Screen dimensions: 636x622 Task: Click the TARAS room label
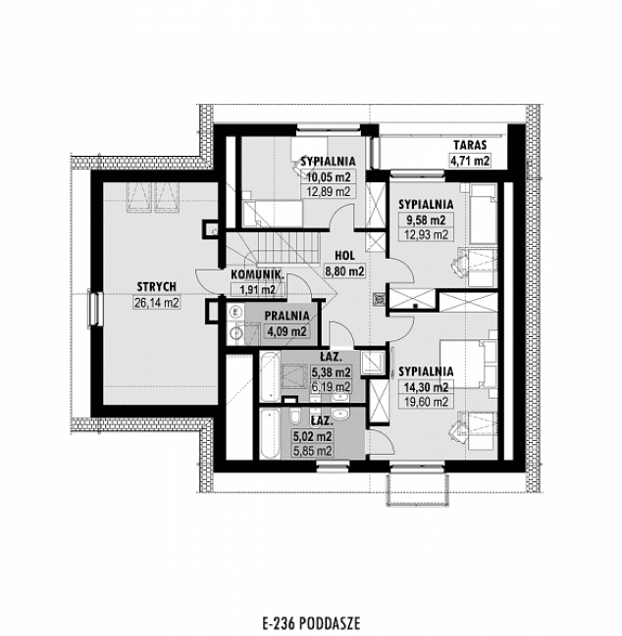point(470,143)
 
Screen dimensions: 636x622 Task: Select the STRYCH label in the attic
point(156,286)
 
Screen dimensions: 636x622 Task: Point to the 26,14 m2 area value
point(156,303)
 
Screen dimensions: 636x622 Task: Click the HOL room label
point(343,252)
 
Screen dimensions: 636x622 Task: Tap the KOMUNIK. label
point(257,274)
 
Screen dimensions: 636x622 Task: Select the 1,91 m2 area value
point(257,290)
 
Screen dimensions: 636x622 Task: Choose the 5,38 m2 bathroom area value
point(330,372)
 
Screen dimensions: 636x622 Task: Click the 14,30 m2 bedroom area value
point(425,386)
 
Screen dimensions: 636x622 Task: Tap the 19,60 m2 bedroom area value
point(425,401)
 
